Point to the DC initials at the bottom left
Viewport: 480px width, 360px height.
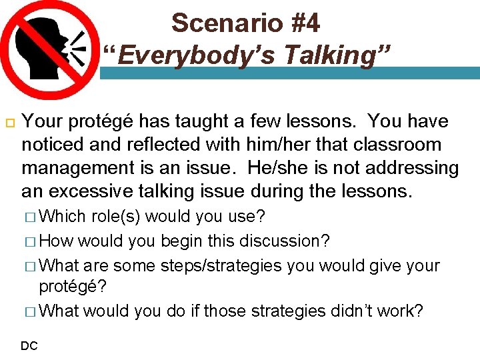[x=29, y=345]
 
